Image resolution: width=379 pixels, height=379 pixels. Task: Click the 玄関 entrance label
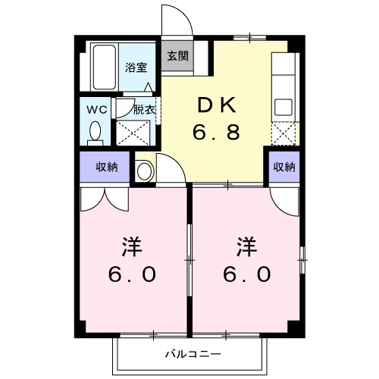click(x=177, y=55)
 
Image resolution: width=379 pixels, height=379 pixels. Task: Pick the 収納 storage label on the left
click(x=96, y=167)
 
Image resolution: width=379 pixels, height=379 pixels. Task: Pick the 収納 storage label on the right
click(x=283, y=167)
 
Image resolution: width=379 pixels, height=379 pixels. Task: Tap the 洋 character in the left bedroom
click(x=133, y=246)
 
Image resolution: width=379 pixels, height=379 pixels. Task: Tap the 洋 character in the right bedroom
click(x=246, y=246)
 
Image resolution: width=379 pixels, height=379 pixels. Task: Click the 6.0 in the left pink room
click(x=133, y=274)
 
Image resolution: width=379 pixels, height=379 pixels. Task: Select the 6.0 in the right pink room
click(x=246, y=274)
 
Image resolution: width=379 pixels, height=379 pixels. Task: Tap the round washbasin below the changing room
click(x=145, y=171)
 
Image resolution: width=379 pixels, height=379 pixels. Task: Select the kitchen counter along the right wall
click(x=283, y=91)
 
